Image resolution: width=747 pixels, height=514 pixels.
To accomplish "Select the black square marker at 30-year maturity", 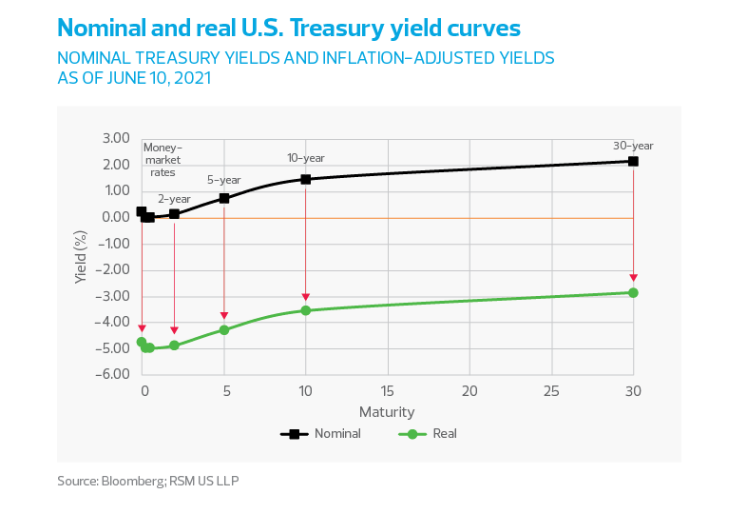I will click(x=633, y=161).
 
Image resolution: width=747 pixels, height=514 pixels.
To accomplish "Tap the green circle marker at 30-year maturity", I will click(x=633, y=292).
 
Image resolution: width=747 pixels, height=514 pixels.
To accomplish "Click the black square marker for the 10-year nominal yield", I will click(x=306, y=179).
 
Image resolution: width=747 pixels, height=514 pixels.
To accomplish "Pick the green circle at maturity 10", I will click(x=306, y=310).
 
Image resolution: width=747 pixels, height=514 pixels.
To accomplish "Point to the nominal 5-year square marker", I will click(x=224, y=198).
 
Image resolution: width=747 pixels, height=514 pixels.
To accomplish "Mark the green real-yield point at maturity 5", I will click(x=224, y=330).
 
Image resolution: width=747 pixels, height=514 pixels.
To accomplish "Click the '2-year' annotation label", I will click(x=174, y=199).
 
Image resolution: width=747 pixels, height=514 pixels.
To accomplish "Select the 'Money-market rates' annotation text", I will click(x=163, y=160).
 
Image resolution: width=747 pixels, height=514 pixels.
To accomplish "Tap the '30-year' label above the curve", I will click(x=633, y=146).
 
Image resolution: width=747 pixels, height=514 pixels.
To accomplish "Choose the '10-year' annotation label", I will click(x=306, y=158).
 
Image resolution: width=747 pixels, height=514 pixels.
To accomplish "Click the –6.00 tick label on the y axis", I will click(x=112, y=373).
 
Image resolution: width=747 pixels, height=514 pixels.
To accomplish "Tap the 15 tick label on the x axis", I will click(x=388, y=391).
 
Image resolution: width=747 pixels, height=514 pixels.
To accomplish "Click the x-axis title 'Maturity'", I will click(x=387, y=411).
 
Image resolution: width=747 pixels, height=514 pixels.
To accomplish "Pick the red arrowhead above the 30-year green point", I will click(x=633, y=278).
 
